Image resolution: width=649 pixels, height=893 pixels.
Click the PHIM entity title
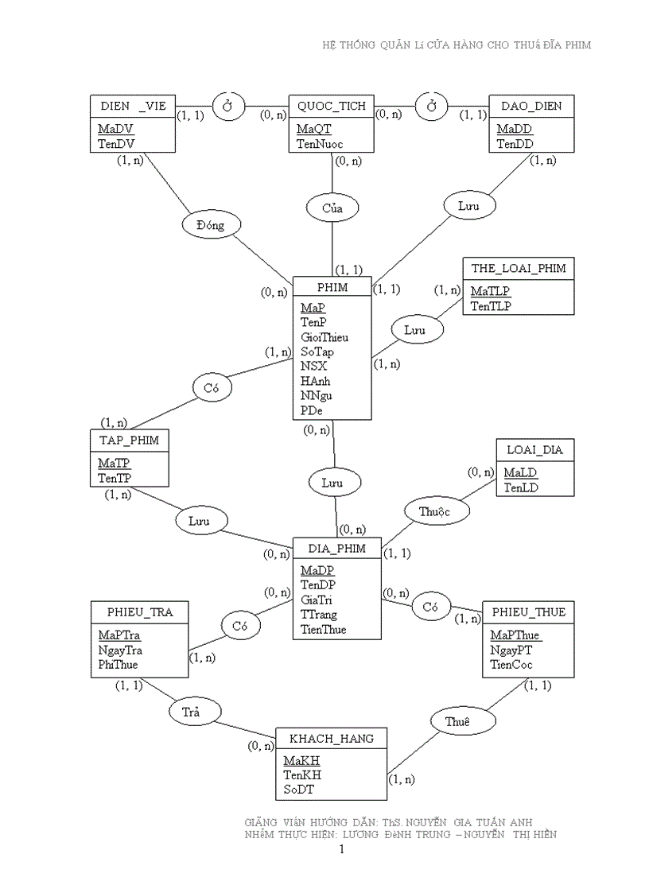pyautogui.click(x=332, y=287)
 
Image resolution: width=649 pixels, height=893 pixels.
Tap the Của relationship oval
pyautogui.click(x=332, y=208)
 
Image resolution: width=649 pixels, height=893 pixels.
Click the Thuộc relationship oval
pyautogui.click(x=434, y=511)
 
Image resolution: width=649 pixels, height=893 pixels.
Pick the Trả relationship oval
pyautogui.click(x=191, y=712)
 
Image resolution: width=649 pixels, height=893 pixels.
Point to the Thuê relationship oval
pyautogui.click(x=457, y=721)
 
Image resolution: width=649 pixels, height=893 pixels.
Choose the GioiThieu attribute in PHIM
pyautogui.click(x=324, y=337)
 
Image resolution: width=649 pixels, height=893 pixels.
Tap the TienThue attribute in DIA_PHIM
pyautogui.click(x=324, y=629)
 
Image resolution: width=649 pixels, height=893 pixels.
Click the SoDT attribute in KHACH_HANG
pyautogui.click(x=300, y=790)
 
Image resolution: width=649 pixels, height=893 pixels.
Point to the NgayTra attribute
pyautogui.click(x=120, y=650)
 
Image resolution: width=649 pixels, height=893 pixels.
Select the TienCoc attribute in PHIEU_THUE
pyautogui.click(x=511, y=665)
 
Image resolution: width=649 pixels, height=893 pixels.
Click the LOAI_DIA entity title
pyautogui.click(x=534, y=450)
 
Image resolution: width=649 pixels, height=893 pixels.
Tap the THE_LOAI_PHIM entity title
pyautogui.click(x=519, y=269)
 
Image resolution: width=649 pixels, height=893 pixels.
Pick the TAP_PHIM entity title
pyautogui.click(x=129, y=441)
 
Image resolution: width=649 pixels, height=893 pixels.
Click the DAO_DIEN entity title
pyautogui.click(x=530, y=106)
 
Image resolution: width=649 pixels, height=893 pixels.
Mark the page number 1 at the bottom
pyautogui.click(x=341, y=850)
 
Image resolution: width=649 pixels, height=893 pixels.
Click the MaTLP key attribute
pyautogui.click(x=490, y=291)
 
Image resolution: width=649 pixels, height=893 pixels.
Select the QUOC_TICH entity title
pyautogui.click(x=332, y=106)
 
